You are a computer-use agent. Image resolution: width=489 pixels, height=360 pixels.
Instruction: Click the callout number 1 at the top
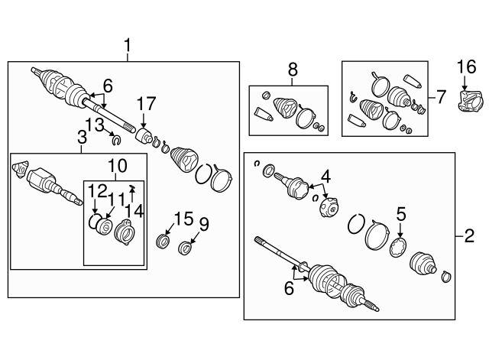(128, 46)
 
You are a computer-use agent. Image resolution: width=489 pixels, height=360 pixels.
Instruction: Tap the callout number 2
(469, 236)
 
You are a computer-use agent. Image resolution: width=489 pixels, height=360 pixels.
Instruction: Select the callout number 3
(82, 138)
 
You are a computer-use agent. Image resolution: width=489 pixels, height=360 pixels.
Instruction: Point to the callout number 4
(325, 177)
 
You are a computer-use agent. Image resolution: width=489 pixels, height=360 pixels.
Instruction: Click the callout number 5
(401, 215)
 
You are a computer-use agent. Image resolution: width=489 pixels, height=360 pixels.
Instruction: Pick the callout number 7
(441, 97)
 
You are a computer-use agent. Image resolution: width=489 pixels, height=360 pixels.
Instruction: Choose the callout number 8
(293, 70)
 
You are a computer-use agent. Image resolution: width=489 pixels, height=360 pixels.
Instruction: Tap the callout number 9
(203, 225)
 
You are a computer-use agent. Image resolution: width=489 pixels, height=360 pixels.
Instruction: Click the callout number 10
(117, 166)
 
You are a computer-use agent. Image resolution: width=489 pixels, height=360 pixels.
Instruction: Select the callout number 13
(95, 125)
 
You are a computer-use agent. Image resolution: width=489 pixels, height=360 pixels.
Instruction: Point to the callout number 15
(183, 219)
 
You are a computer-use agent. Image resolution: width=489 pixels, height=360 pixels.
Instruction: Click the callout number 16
(467, 67)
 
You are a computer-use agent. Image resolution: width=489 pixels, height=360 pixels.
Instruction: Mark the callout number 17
(146, 104)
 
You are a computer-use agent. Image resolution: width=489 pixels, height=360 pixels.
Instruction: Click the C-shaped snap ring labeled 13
(116, 141)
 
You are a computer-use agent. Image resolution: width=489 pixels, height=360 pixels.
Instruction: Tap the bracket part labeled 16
(471, 100)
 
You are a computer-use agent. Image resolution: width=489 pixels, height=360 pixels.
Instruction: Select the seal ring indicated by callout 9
(185, 248)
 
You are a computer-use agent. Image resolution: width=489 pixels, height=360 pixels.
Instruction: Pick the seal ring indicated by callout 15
(163, 242)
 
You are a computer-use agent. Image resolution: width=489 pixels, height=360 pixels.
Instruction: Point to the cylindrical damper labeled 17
(144, 136)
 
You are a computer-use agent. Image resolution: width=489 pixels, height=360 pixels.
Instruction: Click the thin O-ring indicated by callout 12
(94, 221)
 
